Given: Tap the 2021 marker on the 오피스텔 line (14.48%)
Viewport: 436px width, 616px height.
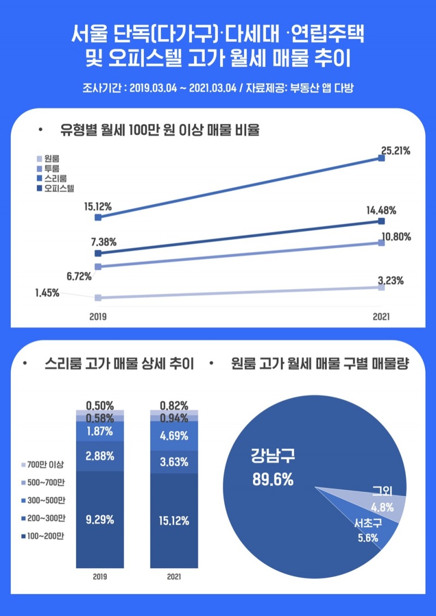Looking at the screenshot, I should click(x=381, y=221).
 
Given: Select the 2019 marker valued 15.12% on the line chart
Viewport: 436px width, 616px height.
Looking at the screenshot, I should click(x=98, y=217).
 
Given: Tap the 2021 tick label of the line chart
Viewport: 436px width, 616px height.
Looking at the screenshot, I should click(x=381, y=316).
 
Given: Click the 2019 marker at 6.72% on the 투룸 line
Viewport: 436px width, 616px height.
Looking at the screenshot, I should click(x=98, y=267).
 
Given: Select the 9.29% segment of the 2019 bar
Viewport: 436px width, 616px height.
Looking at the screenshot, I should click(x=100, y=520).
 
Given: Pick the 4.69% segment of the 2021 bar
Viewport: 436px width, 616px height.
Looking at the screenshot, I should click(x=174, y=436).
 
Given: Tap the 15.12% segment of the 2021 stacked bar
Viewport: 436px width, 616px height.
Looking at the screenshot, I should click(x=174, y=521).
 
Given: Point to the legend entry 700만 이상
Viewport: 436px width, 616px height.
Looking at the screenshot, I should click(x=43, y=465).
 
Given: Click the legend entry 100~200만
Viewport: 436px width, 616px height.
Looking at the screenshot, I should click(x=43, y=536).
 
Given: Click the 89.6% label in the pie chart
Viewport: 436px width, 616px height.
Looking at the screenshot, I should click(x=273, y=480).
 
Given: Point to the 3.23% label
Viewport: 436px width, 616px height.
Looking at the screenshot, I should click(x=391, y=281).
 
